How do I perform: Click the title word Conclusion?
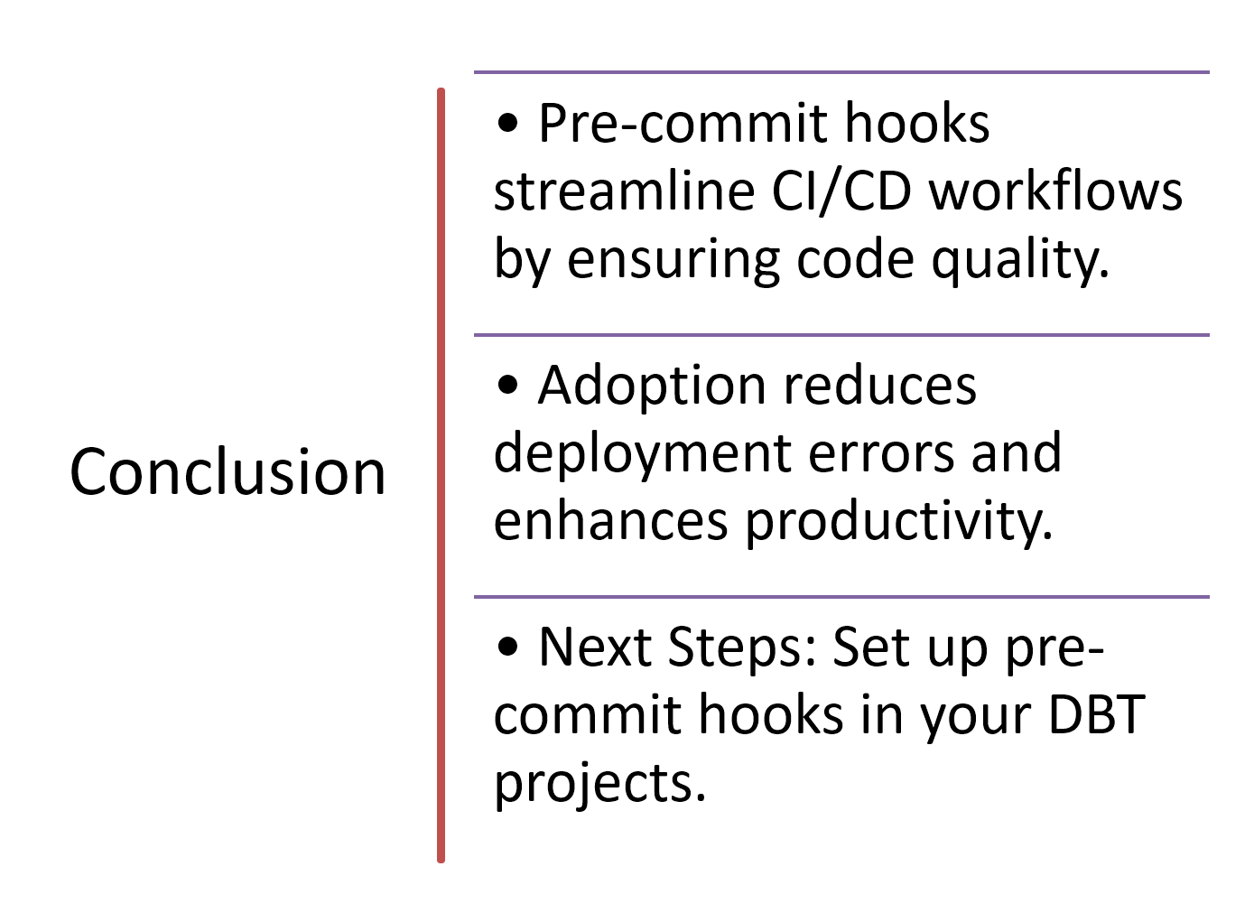click(228, 472)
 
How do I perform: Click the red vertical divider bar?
click(441, 475)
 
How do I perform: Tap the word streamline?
click(624, 191)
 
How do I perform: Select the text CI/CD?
click(841, 191)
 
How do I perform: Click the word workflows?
click(1055, 191)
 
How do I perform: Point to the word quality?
click(1020, 260)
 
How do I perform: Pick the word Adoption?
click(652, 387)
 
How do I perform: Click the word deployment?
click(643, 454)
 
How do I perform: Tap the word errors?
click(881, 455)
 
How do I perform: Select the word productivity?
click(899, 522)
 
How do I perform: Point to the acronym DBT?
click(1097, 715)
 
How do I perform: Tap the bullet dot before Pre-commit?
click(507, 123)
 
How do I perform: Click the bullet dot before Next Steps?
click(507, 647)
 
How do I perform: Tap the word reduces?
click(880, 386)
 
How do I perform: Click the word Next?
click(595, 648)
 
